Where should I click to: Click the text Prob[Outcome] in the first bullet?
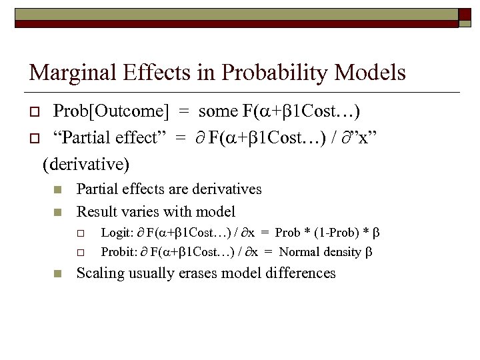coord(103,111)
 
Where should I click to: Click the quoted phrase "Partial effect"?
coord(107,137)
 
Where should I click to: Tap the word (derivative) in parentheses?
coord(86,163)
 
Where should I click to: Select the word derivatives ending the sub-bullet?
coord(225,189)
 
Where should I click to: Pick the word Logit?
coord(117,233)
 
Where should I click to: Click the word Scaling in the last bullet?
coord(101,273)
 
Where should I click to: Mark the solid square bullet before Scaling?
coord(57,273)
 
